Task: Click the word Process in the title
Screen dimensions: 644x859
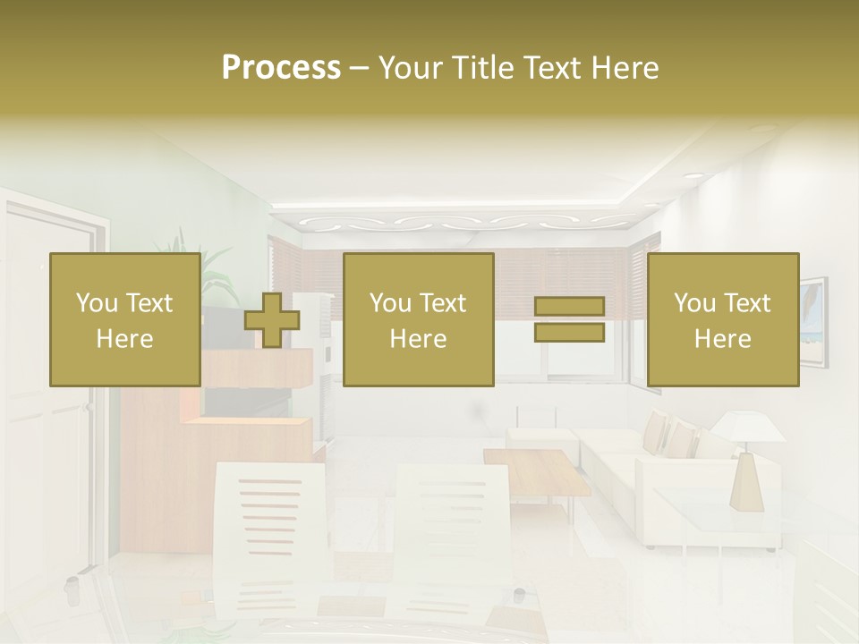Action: (281, 68)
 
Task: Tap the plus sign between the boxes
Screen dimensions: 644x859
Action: (272, 320)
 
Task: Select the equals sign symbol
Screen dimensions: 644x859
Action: (569, 320)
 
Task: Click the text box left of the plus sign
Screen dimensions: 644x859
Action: (125, 320)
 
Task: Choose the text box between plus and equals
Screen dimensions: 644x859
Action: (419, 320)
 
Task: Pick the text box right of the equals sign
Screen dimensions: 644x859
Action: (723, 320)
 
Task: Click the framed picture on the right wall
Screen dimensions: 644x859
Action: (812, 322)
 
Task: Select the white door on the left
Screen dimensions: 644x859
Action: (49, 402)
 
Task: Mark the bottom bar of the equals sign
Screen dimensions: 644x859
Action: (569, 333)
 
